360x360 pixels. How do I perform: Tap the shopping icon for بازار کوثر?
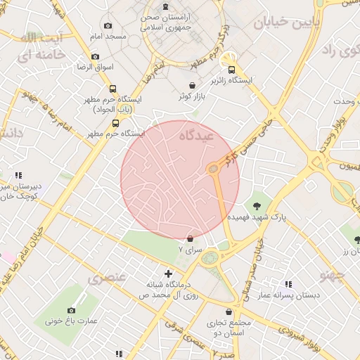click(x=192, y=85)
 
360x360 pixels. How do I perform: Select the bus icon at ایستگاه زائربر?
click(x=226, y=61)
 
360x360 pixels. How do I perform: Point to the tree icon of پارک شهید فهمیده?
click(x=257, y=205)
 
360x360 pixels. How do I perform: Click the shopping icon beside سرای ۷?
click(x=191, y=239)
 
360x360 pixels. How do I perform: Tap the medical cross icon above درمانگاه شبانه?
click(x=167, y=273)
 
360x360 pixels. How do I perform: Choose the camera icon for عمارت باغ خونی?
click(x=71, y=310)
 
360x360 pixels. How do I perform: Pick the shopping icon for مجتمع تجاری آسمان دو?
click(x=229, y=311)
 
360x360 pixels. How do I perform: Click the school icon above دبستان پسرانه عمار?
click(x=288, y=284)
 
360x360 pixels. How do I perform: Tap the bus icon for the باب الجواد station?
click(x=113, y=89)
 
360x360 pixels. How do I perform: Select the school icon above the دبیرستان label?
click(x=18, y=175)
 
